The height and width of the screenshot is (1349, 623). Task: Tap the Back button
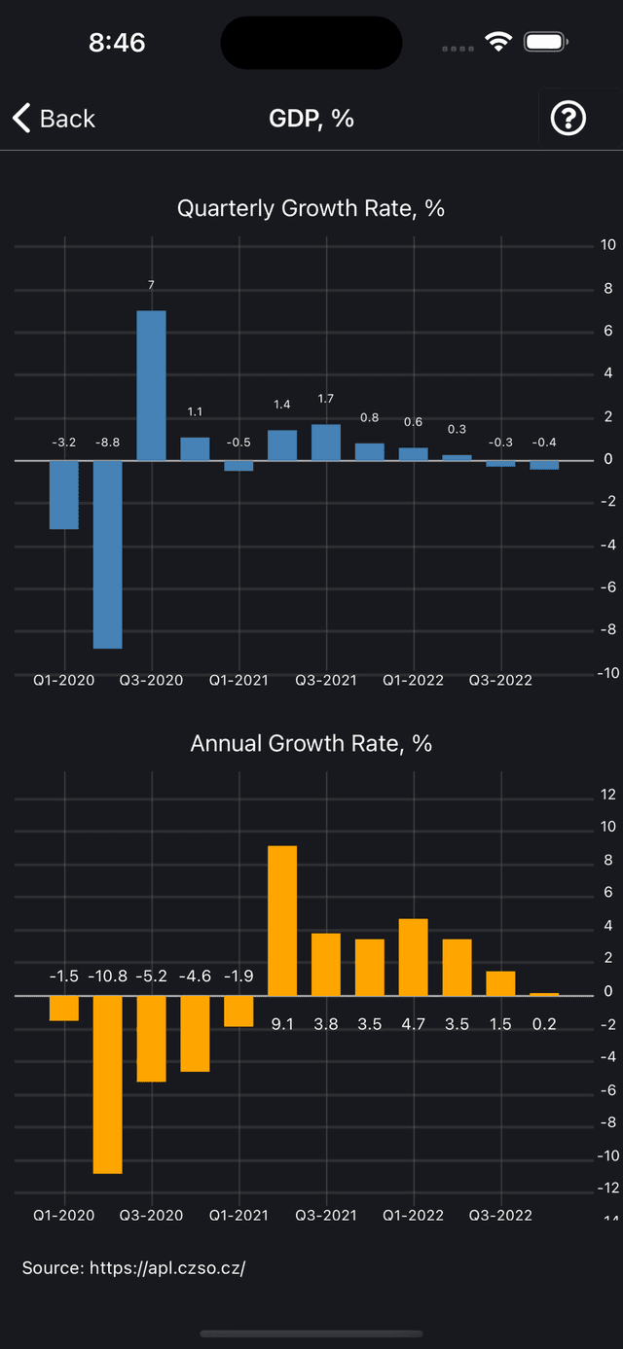pyautogui.click(x=54, y=119)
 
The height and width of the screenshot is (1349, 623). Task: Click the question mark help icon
pyautogui.click(x=568, y=119)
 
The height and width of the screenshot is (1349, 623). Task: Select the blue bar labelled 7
pyautogui.click(x=151, y=385)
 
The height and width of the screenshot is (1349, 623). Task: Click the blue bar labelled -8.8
pyautogui.click(x=107, y=553)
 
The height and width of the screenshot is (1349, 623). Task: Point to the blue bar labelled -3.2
pyautogui.click(x=64, y=494)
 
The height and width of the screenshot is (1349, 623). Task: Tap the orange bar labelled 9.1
pyautogui.click(x=282, y=920)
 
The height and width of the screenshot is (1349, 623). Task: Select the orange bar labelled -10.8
pyautogui.click(x=107, y=1083)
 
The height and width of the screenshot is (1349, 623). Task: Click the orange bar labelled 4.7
pyautogui.click(x=414, y=957)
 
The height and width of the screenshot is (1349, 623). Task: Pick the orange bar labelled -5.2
pyautogui.click(x=151, y=1038)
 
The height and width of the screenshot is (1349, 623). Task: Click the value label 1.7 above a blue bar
pyautogui.click(x=326, y=399)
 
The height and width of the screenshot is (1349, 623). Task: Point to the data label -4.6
pyautogui.click(x=195, y=976)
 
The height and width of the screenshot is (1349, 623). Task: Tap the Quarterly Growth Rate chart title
pyautogui.click(x=311, y=208)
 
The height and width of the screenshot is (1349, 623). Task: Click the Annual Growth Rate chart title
pyautogui.click(x=311, y=743)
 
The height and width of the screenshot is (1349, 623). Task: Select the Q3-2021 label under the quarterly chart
pyautogui.click(x=326, y=680)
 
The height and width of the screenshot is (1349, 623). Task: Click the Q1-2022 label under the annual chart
pyautogui.click(x=413, y=1215)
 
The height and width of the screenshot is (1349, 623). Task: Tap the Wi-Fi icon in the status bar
pyautogui.click(x=499, y=42)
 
